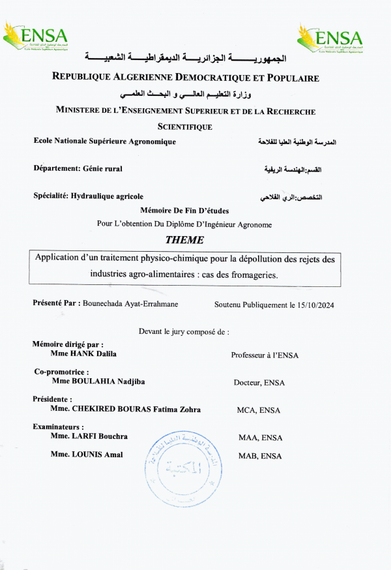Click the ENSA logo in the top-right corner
pos(330,38)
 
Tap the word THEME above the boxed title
pos(184,239)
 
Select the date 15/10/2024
pos(311,304)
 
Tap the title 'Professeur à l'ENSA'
pos(265,355)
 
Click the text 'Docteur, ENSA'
pos(259,383)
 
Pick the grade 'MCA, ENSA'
pos(259,410)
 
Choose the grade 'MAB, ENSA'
pos(260,456)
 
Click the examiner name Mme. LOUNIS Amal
pos(87,455)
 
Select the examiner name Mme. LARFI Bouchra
pos(89,436)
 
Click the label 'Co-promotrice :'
pos(61,372)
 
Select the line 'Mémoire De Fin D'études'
pos(184,210)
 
